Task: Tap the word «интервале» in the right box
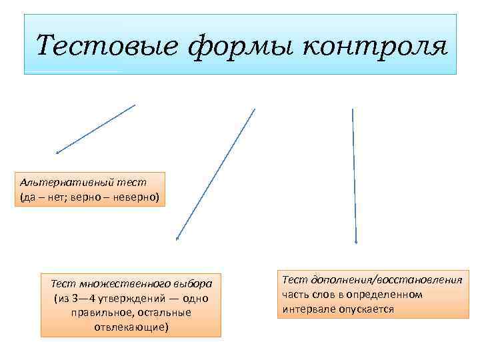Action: [304, 309]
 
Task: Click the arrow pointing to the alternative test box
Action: [96, 129]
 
